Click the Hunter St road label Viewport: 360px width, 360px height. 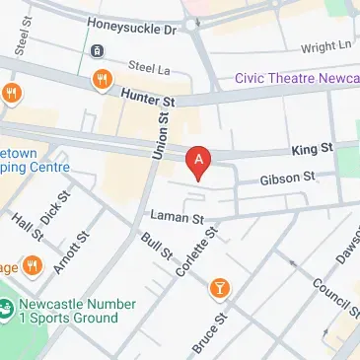pos(148,95)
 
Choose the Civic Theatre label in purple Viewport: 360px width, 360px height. pos(296,79)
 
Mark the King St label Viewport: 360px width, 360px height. pos(313,149)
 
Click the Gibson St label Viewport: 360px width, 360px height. pos(287,179)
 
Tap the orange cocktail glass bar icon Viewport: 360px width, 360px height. pos(220,288)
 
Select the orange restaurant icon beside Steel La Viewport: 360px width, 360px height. pos(100,78)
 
